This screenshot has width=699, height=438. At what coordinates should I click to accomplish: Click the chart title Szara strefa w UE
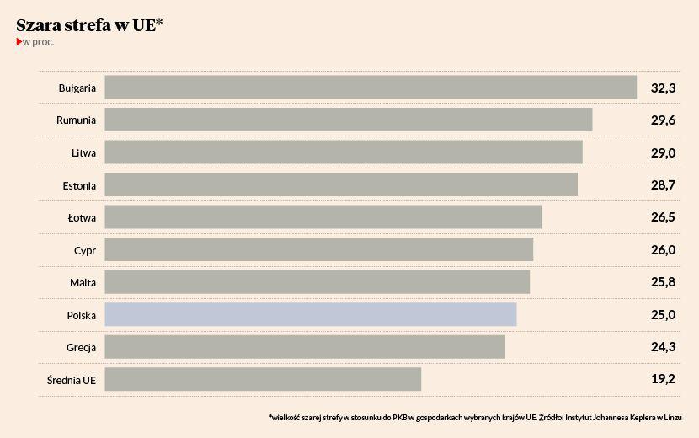[x=89, y=25]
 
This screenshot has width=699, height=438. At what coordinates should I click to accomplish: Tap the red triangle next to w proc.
[x=19, y=42]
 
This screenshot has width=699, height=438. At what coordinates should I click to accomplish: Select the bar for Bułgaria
[x=371, y=88]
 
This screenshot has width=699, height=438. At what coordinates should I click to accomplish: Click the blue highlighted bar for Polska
[x=311, y=315]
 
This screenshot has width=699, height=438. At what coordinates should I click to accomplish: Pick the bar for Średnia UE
[x=263, y=379]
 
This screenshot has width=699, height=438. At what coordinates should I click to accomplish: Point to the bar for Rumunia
[x=349, y=120]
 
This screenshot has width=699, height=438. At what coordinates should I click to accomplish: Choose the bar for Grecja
[x=305, y=347]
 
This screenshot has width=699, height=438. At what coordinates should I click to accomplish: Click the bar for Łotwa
[x=323, y=217]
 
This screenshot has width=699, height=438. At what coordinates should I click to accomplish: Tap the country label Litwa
[x=83, y=152]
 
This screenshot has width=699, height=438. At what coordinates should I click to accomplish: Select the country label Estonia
[x=79, y=185]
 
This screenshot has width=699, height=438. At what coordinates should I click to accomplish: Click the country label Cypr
[x=85, y=250]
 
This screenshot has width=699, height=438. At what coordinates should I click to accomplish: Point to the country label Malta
[x=83, y=282]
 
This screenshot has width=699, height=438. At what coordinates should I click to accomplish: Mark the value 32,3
[x=664, y=88]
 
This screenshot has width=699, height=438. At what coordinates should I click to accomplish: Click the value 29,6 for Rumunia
[x=664, y=120]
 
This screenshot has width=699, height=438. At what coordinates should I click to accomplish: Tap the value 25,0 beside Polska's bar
[x=664, y=315]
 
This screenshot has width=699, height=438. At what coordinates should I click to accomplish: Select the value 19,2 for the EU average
[x=664, y=379]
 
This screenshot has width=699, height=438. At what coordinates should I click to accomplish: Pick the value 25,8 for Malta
[x=664, y=282]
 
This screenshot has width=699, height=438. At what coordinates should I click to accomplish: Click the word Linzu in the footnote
[x=671, y=417]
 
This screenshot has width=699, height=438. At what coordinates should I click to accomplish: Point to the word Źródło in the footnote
[x=552, y=417]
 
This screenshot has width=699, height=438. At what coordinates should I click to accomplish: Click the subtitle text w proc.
[x=39, y=42]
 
